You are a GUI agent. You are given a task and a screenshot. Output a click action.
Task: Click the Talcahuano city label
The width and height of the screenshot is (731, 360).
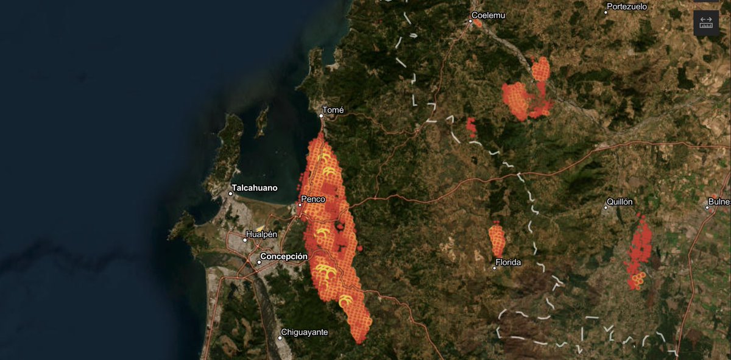click(254, 188)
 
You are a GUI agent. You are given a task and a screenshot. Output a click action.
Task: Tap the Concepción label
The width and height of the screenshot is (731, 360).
click(283, 256)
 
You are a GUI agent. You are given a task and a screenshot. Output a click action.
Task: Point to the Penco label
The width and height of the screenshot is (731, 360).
click(313, 199)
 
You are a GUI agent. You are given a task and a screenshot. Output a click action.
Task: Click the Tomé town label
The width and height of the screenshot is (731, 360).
click(333, 110)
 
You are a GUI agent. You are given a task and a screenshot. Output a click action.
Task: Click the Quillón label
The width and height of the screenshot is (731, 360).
click(620, 202)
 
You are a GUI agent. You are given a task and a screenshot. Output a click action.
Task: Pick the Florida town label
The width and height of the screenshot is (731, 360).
click(508, 263)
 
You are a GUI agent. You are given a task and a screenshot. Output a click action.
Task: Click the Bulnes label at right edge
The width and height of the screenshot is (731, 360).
click(720, 202)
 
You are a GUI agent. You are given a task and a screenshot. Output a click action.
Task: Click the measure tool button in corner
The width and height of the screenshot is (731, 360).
click(706, 23)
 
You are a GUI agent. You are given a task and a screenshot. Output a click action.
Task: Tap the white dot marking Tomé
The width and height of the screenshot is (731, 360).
click(322, 115)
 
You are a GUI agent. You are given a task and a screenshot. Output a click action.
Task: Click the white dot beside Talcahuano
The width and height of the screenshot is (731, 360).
click(231, 194)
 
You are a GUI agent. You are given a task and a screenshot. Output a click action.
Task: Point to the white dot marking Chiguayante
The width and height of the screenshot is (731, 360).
click(280, 337)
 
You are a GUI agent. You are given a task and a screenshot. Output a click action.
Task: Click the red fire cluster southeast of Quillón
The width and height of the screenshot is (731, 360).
click(638, 250)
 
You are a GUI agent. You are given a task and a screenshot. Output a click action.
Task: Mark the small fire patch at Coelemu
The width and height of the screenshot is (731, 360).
click(478, 24)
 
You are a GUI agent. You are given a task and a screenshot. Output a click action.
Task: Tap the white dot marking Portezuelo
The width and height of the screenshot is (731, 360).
click(606, 12)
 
